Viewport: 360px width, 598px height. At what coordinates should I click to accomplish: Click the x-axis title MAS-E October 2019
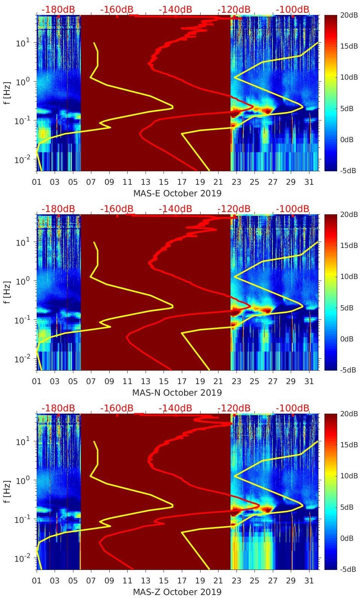pyautogui.click(x=177, y=193)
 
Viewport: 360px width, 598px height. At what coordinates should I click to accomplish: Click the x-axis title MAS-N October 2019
pyautogui.click(x=177, y=393)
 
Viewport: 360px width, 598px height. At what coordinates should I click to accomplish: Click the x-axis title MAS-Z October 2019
pyautogui.click(x=177, y=592)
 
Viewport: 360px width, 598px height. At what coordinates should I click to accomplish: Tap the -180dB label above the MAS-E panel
pyautogui.click(x=58, y=9)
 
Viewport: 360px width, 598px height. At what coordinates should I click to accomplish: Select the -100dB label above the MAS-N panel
pyautogui.click(x=293, y=209)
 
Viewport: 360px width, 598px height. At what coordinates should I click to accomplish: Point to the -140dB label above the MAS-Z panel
pyautogui.click(x=175, y=408)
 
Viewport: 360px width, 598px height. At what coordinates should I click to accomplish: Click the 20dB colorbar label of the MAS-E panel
pyautogui.click(x=349, y=15)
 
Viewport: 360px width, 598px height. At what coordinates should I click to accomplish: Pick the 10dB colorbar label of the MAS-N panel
pyautogui.click(x=349, y=276)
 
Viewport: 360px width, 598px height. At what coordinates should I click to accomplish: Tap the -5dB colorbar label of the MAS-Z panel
pyautogui.click(x=349, y=569)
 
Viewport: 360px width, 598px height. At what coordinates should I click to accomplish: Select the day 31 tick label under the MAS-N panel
pyautogui.click(x=309, y=381)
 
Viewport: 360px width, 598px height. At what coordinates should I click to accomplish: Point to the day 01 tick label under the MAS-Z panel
pyautogui.click(x=37, y=581)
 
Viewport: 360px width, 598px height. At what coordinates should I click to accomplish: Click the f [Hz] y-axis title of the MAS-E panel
pyautogui.click(x=7, y=93)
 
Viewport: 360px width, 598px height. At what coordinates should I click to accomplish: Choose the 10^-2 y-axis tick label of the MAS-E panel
pyautogui.click(x=22, y=160)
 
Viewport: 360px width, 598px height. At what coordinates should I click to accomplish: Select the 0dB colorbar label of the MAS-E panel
pyautogui.click(x=349, y=139)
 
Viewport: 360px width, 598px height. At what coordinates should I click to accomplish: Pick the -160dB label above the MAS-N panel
pyautogui.click(x=117, y=209)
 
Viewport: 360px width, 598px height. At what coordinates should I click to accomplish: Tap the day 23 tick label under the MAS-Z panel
pyautogui.click(x=236, y=581)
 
